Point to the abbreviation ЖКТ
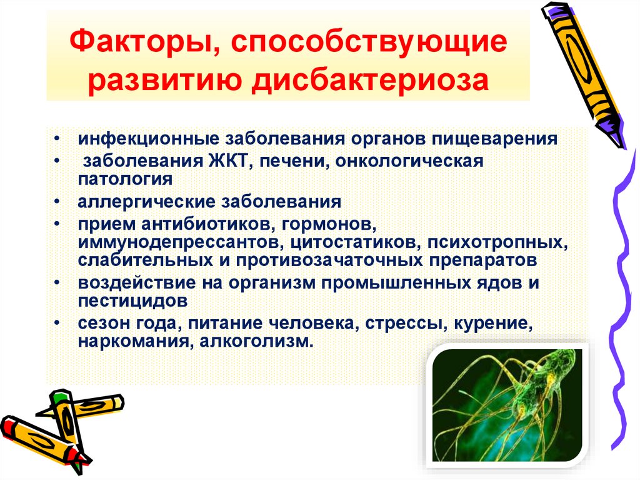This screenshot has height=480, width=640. tap(226, 161)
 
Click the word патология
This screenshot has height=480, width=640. tap(125, 180)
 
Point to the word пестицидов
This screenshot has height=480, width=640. tap(132, 300)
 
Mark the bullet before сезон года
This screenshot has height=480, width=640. tap(57, 325)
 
